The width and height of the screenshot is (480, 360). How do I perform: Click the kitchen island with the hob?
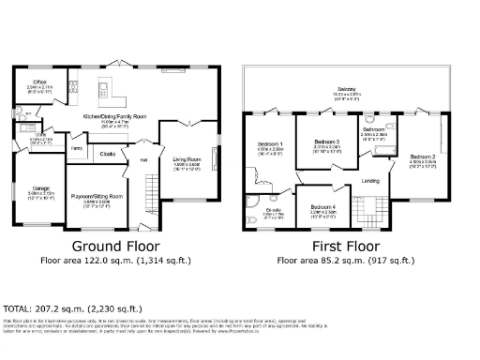[x=107, y=91]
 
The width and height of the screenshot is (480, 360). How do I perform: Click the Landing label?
[x=371, y=181]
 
